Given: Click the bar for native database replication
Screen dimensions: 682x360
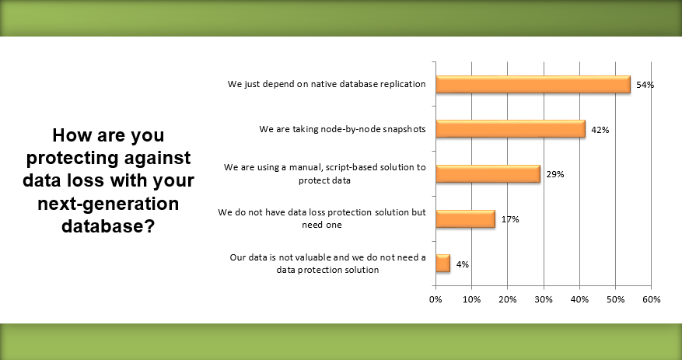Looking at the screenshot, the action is coord(533,84).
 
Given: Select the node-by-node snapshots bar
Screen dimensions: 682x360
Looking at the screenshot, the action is coord(511,129).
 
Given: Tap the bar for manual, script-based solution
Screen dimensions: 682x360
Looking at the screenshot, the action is coord(488,174).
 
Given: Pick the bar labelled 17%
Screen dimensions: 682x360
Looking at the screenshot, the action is coord(465,218).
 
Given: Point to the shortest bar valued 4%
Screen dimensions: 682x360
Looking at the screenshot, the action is coord(442,264).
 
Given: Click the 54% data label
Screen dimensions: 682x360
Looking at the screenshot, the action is coord(645,85).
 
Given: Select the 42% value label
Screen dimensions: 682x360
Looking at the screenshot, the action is coord(600,130).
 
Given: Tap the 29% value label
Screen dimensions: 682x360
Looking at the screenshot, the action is coord(555,174).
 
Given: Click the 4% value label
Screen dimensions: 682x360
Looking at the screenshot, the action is coord(463,264).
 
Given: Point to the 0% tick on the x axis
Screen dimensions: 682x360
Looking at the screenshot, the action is coord(435,299).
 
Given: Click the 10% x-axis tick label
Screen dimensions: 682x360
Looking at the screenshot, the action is coord(471,299).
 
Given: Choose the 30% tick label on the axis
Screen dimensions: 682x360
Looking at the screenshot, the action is coord(544,299).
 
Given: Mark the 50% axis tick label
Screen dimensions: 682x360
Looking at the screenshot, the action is coord(615,299).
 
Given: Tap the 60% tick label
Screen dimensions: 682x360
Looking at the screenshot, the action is coord(651,299).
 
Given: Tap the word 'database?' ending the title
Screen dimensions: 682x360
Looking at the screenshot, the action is coord(108,225).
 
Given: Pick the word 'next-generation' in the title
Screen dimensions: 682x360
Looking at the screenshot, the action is coord(108,203).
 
